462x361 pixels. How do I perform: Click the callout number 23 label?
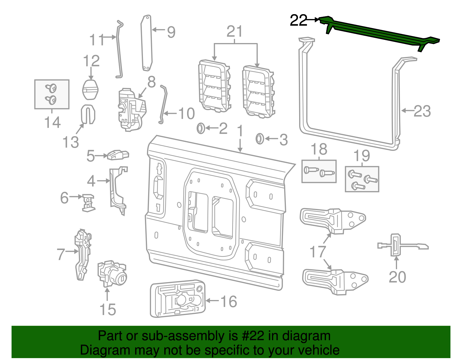point(422,111)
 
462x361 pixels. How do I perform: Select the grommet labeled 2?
point(201,128)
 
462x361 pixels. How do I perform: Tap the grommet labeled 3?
point(260,139)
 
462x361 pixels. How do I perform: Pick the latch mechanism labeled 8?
point(131,109)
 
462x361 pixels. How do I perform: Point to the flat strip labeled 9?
point(146,43)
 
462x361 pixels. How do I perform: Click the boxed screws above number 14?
point(52,94)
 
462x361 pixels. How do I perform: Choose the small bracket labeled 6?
point(88,202)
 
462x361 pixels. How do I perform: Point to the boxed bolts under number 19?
point(362,179)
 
